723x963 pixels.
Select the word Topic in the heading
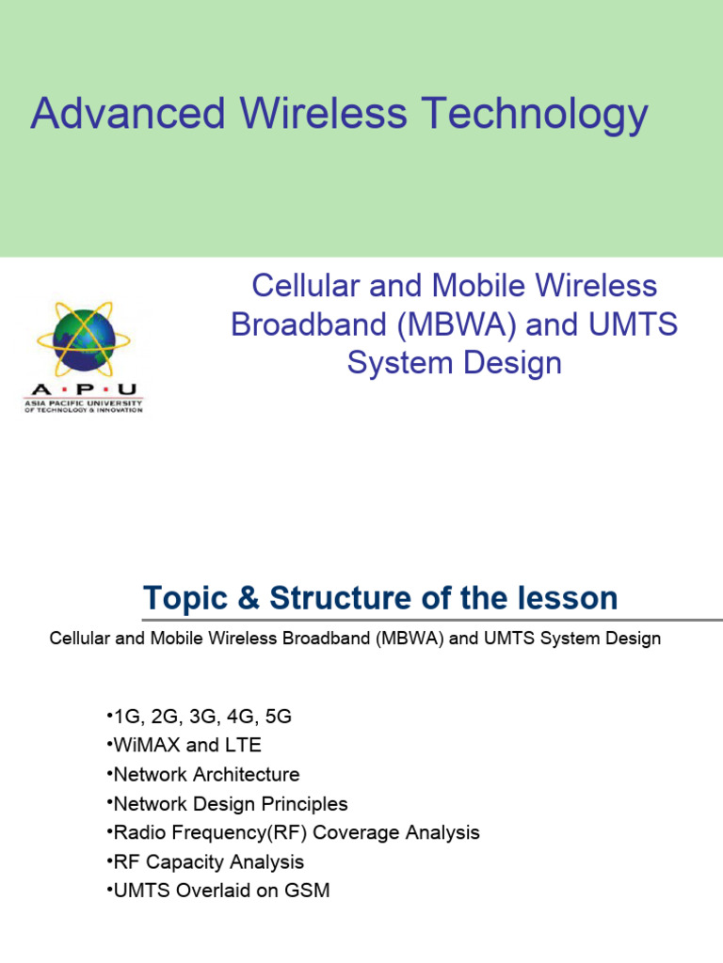[188, 598]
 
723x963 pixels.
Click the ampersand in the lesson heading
[251, 598]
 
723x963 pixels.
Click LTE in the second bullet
[243, 746]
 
